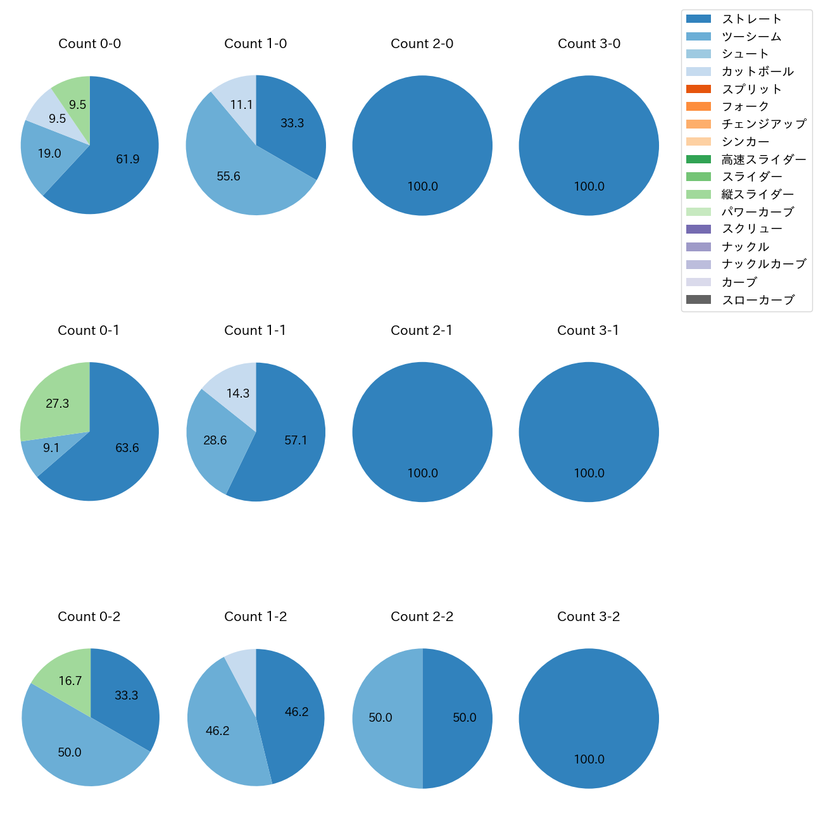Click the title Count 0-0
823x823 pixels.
pos(89,44)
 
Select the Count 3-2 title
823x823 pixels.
pos(588,617)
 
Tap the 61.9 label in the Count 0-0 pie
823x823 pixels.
pos(127,160)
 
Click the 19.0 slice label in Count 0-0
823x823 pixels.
pos(49,154)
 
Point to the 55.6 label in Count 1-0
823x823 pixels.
pos(229,177)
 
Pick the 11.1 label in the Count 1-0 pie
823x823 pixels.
pos(241,105)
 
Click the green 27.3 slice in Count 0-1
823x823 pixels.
pos(57,403)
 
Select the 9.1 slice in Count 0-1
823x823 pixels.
pos(51,448)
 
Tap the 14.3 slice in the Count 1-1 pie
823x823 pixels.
pos(237,393)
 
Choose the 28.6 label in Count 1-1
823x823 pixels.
pos(215,441)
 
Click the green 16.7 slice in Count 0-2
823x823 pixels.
pos(70,681)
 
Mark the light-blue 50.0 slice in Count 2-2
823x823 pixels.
pos(380,718)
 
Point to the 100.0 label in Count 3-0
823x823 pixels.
pos(589,187)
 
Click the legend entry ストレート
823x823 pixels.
pos(751,19)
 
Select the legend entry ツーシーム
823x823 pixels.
pos(751,37)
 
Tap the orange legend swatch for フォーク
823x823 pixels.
pos(698,106)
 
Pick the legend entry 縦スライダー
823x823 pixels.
pos(757,194)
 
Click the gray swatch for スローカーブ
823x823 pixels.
pos(698,300)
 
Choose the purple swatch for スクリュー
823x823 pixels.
pos(698,229)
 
